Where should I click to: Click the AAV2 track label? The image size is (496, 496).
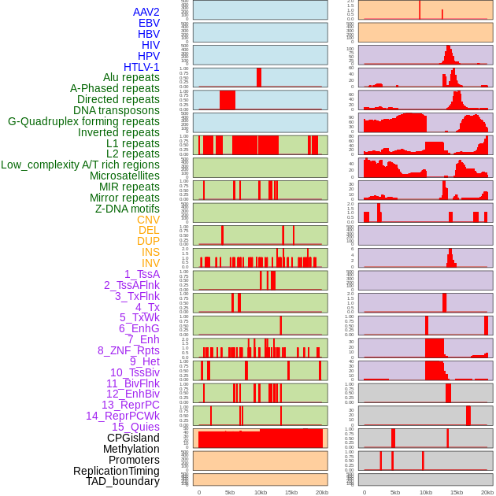click(x=146, y=12)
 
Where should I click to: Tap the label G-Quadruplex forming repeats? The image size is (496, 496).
click(x=83, y=121)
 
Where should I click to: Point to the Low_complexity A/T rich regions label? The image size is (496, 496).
click(x=80, y=165)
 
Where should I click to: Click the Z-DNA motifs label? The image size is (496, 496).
click(x=128, y=209)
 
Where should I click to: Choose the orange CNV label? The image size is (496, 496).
click(x=148, y=220)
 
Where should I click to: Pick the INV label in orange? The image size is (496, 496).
click(x=150, y=263)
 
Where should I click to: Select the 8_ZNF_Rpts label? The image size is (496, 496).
click(x=128, y=350)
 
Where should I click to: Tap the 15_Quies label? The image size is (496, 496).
click(x=135, y=427)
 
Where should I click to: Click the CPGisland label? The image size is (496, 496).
click(x=133, y=438)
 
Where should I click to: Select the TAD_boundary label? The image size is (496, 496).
click(x=123, y=481)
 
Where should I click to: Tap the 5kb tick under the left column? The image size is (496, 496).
click(x=230, y=492)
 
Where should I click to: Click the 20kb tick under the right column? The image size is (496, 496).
click(x=487, y=492)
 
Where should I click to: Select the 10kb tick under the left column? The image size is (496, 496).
click(x=261, y=492)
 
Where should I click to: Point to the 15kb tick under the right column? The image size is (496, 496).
click(x=457, y=492)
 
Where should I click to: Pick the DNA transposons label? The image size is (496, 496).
click(x=117, y=110)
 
